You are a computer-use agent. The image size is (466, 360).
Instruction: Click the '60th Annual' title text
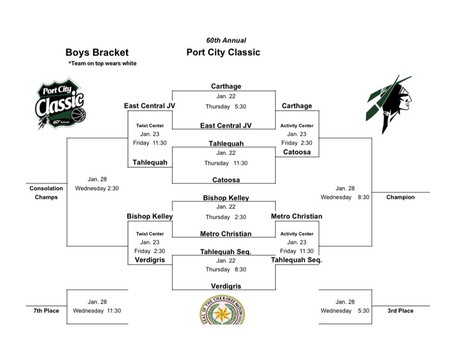[226, 40]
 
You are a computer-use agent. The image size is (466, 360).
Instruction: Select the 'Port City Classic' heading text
[223, 52]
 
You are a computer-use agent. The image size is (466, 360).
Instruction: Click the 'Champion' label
[400, 197]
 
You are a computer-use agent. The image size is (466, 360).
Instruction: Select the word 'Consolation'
[47, 188]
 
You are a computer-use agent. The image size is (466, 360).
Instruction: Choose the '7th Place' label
[47, 310]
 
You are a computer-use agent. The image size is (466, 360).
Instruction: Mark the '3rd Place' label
[400, 310]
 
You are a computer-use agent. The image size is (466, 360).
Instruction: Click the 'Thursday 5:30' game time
[226, 106]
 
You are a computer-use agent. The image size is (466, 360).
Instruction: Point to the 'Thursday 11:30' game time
[226, 163]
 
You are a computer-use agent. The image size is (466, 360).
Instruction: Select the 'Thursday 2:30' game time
[226, 218]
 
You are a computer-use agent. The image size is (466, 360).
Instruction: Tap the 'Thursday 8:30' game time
[226, 270]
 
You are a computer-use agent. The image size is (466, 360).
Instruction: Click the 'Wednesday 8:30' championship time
[345, 197]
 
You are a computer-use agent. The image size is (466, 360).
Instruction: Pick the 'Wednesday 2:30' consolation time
[97, 188]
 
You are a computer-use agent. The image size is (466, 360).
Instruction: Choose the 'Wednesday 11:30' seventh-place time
[97, 310]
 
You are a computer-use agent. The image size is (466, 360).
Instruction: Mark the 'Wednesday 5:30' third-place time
[345, 310]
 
